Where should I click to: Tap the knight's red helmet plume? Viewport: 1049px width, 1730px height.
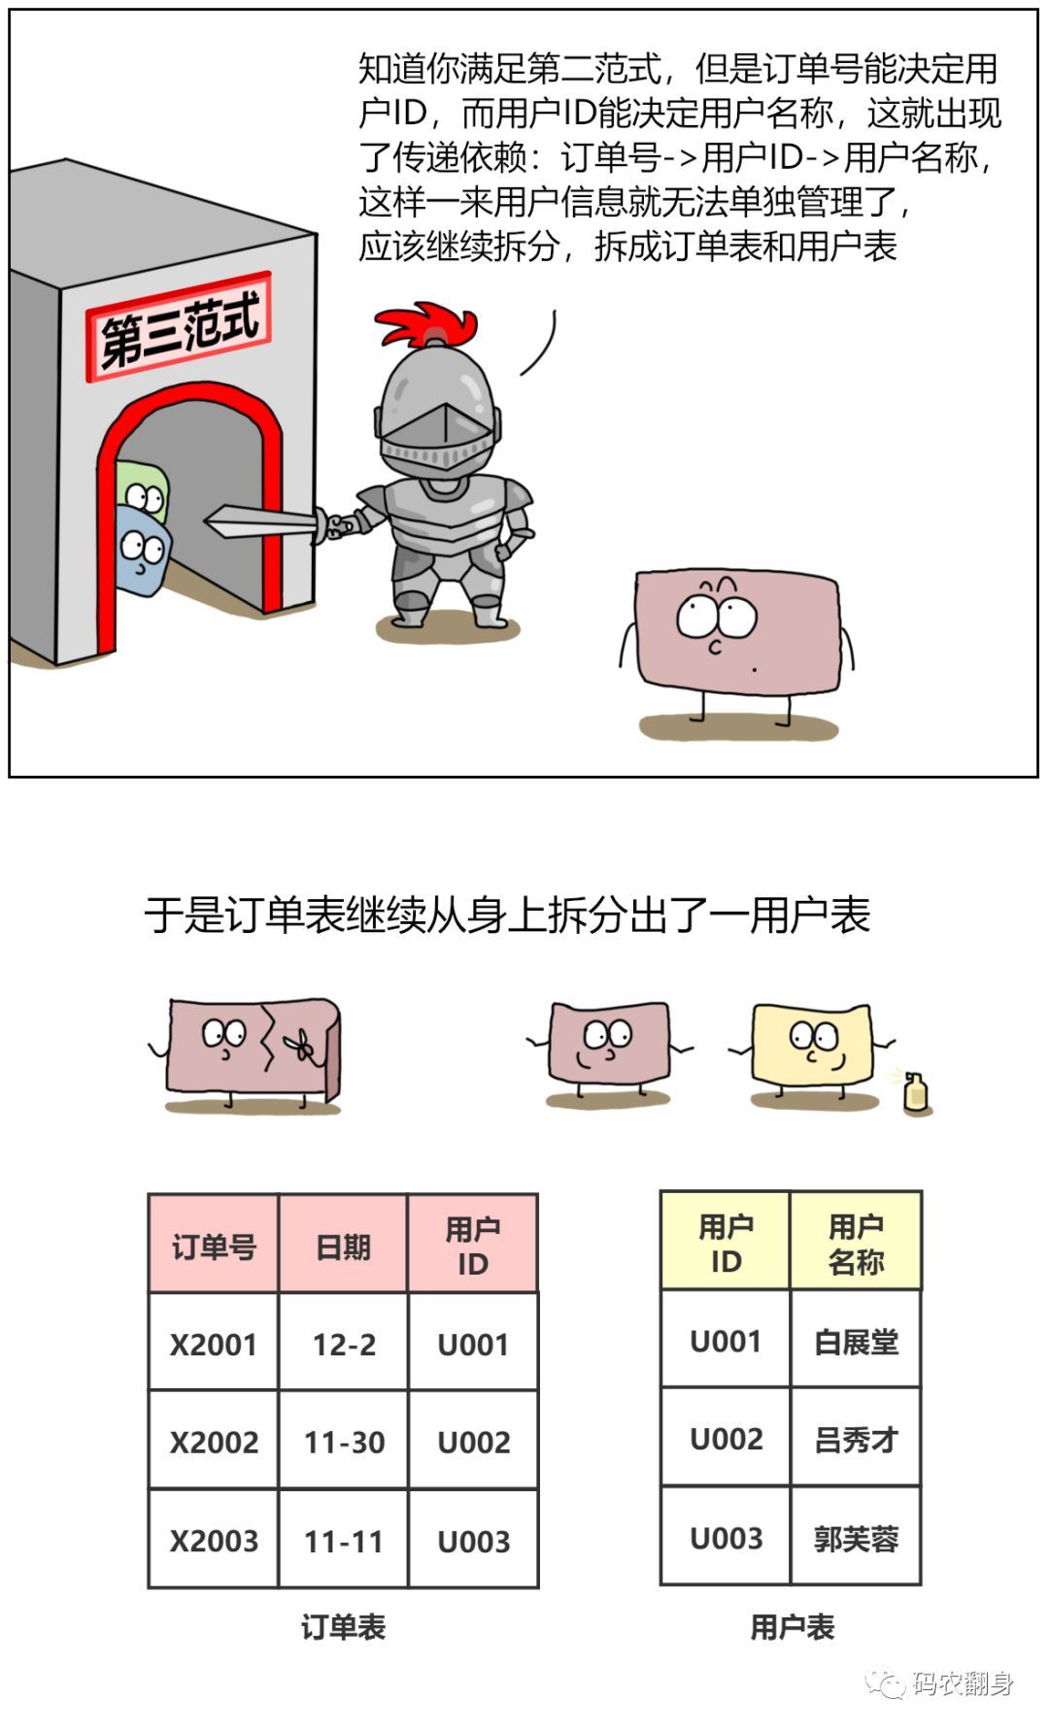[427, 324]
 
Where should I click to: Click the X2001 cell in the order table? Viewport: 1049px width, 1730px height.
[214, 1345]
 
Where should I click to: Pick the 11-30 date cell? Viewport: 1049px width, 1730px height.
[344, 1442]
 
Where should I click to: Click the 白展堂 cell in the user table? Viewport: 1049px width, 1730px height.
[856, 1342]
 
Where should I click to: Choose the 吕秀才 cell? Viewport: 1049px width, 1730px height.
[856, 1439]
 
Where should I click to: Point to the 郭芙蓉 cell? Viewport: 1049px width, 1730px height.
[856, 1539]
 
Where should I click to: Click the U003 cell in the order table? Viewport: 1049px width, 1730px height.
[474, 1541]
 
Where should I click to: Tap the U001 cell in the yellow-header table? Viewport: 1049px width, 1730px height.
[726, 1342]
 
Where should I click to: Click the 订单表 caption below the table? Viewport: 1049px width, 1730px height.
[343, 1627]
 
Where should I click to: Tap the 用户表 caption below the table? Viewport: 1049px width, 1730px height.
[792, 1627]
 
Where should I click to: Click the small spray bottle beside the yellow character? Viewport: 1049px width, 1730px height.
[915, 1092]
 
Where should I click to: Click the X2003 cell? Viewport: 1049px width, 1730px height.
[214, 1541]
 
